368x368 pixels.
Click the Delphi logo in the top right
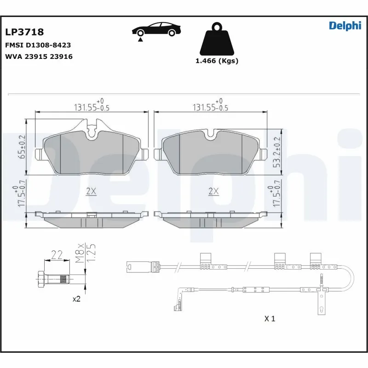click(345, 26)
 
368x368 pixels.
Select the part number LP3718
click(24, 32)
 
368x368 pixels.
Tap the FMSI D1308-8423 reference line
click(38, 46)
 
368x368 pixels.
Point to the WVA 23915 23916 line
click(39, 57)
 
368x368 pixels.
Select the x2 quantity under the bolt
click(77, 299)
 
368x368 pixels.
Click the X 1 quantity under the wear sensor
click(270, 318)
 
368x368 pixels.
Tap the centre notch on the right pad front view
click(212, 134)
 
